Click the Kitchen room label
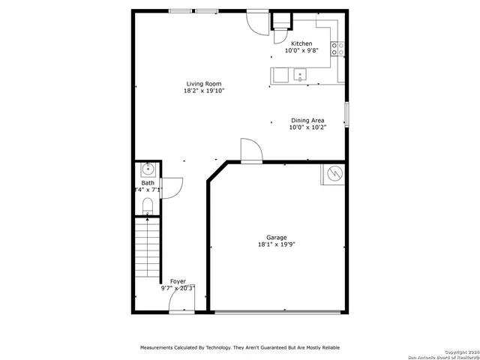[x=301, y=43]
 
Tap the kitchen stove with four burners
[x=338, y=49]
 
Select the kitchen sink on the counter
[x=300, y=74]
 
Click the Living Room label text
[x=204, y=84]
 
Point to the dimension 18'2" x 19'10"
[x=204, y=91]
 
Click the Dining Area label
[x=307, y=120]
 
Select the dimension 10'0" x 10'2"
[x=307, y=127]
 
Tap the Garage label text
[x=276, y=237]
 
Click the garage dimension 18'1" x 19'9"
[x=276, y=244]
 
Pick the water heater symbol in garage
[x=332, y=175]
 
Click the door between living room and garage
[x=250, y=151]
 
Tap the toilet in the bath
[x=148, y=205]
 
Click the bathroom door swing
[x=171, y=187]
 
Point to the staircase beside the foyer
[x=148, y=247]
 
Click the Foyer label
[x=178, y=281]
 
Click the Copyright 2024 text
[x=458, y=351]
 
